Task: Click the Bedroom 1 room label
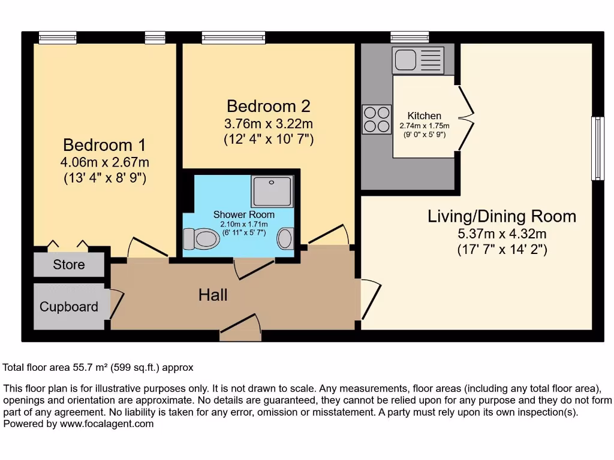point(104,145)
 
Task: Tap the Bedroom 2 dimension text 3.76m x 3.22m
point(269,124)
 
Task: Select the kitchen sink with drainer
point(418,60)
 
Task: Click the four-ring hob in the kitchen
point(377,119)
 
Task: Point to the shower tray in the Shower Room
point(272,191)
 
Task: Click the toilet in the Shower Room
point(200,238)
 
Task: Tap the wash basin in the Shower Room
point(285,238)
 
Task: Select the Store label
point(69,265)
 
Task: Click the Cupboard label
point(69,307)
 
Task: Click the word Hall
point(213,295)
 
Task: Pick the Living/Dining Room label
point(502,216)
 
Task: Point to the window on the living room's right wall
point(597,149)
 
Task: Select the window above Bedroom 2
point(233,38)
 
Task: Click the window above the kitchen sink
point(410,37)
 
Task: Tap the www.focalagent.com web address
point(107,423)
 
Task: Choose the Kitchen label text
point(424,116)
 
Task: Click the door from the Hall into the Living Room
point(369,299)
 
